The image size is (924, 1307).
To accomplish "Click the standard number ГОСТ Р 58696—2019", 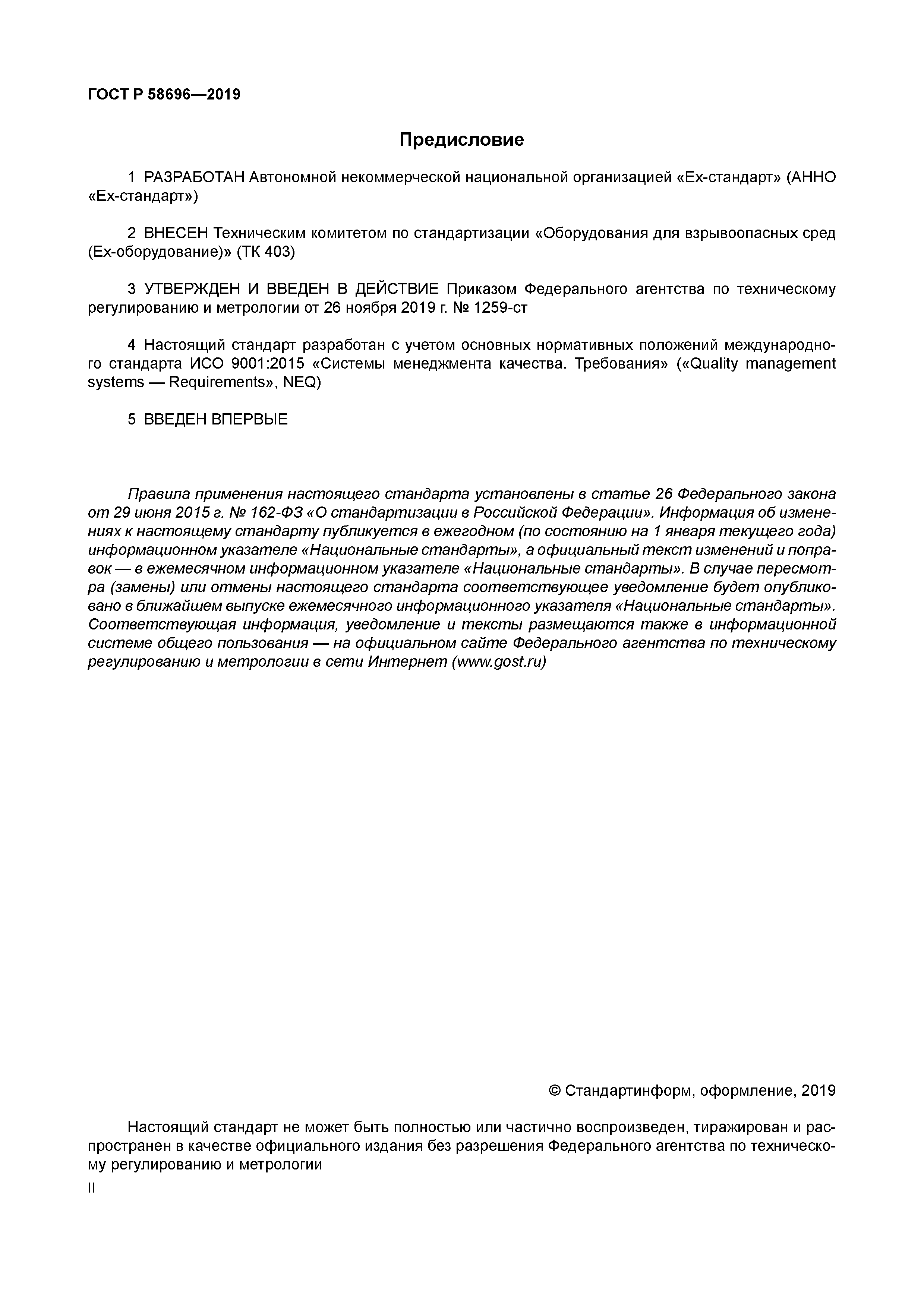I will click(164, 95).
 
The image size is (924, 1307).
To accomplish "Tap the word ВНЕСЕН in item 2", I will click(176, 233).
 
